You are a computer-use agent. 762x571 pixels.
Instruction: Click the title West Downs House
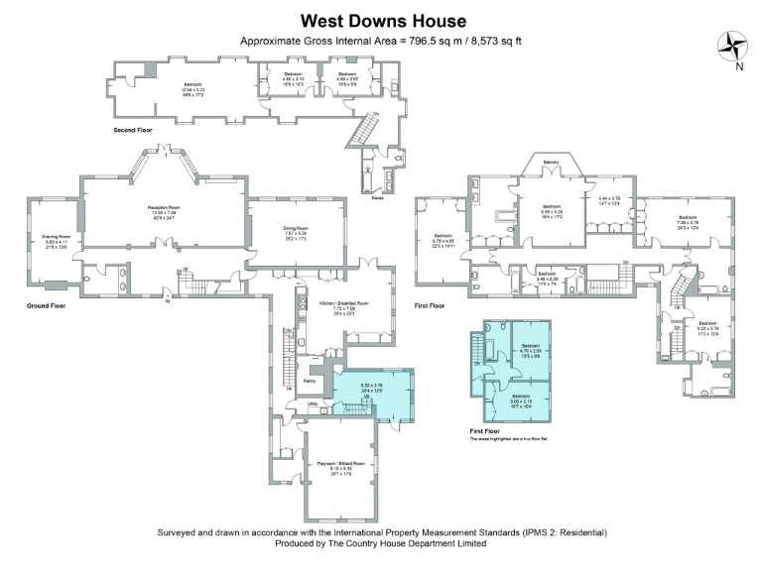click(x=382, y=20)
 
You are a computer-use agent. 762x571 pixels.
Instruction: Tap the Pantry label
click(x=309, y=380)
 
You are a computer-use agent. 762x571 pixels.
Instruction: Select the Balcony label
click(x=551, y=162)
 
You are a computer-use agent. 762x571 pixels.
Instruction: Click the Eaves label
click(x=378, y=197)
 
